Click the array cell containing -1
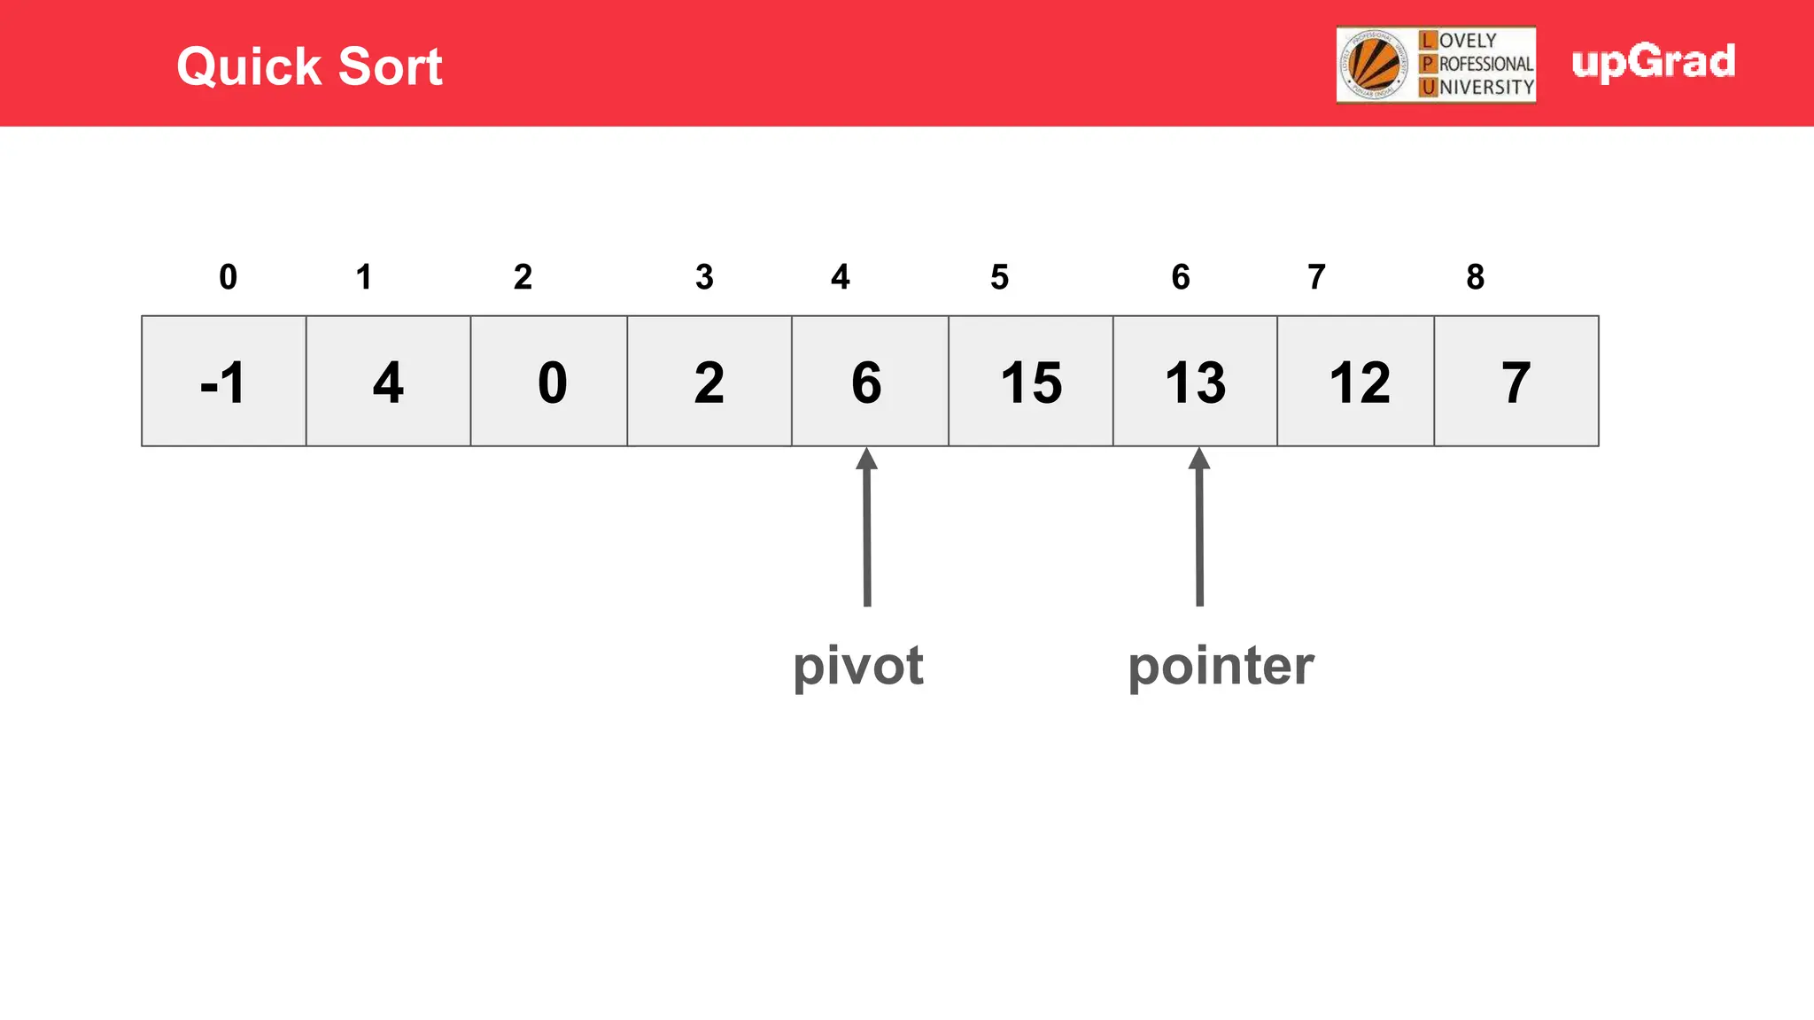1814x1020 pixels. pos(224,382)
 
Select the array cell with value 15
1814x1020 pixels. pos(1030,382)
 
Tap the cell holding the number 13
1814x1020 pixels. pos(1195,382)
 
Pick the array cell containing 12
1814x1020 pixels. pos(1355,382)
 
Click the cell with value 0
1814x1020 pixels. pos(549,382)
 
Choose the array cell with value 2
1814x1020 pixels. pos(709,382)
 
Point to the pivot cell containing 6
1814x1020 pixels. pos(870,382)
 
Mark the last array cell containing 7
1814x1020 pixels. pos(1516,382)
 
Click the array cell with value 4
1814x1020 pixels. pos(388,382)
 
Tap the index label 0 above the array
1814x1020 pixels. pos(229,277)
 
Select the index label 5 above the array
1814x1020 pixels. pos(999,277)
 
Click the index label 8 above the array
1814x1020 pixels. pos(1475,277)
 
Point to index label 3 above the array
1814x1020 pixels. pos(704,277)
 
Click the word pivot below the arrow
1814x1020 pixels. pos(857,666)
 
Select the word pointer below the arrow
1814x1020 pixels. pos(1221,666)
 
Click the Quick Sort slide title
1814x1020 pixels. pos(309,66)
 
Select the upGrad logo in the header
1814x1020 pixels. pos(1653,62)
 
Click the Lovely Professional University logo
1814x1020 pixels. pos(1436,65)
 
